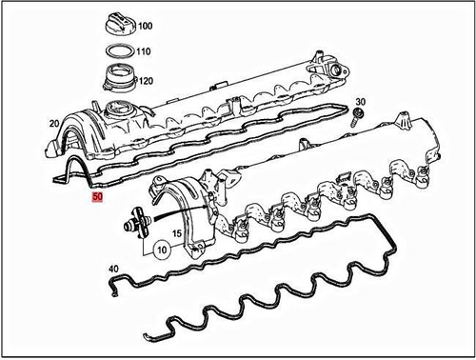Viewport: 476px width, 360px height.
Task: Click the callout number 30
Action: pos(360,101)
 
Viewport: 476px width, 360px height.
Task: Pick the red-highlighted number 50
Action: pos(95,198)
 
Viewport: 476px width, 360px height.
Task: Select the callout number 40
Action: pos(114,270)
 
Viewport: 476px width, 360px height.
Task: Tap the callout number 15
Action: pos(176,233)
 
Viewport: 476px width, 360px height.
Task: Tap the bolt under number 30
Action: pos(354,118)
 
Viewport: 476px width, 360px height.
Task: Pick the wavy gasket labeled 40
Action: pos(286,286)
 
